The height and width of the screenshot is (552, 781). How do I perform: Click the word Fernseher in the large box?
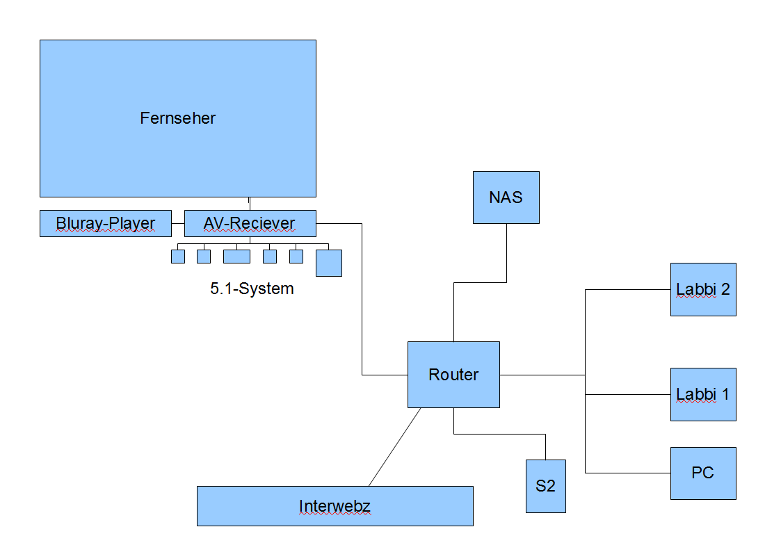pos(177,118)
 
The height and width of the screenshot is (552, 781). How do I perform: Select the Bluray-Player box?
pos(106,223)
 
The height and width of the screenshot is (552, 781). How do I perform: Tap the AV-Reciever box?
pos(250,223)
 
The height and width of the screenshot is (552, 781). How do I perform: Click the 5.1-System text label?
pos(252,289)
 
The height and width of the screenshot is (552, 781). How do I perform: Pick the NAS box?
pos(506,197)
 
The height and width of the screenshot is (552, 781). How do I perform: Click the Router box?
pos(453,375)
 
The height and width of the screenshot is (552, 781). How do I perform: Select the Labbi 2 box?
pos(702,289)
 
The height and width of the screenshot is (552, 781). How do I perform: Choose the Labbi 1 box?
pos(702,394)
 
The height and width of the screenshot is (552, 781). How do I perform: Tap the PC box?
pos(702,473)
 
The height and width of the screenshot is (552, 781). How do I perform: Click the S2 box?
pos(545,486)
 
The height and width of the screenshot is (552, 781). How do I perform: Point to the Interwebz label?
pos(335,506)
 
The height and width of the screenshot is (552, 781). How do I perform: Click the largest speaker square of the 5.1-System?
pos(328,263)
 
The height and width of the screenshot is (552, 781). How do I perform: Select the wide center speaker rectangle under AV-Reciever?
pos(236,257)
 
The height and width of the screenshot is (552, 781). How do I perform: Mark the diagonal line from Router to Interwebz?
pos(394,447)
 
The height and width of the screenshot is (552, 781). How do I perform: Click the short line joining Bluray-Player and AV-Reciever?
pos(178,223)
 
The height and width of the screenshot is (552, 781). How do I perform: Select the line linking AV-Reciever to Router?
pos(362,299)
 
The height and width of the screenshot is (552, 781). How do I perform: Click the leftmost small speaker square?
pos(178,257)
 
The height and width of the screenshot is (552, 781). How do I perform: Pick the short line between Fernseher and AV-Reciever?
pos(249,203)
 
